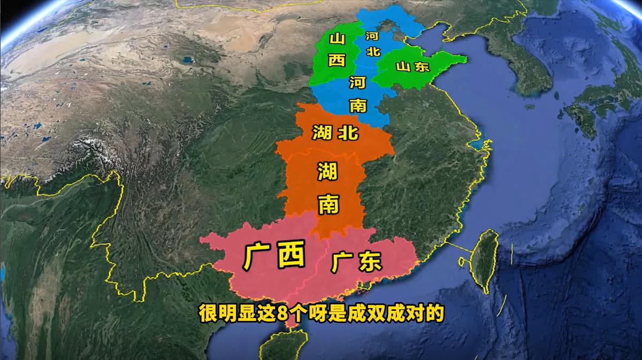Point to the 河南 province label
click(357, 94)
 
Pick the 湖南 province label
click(327, 187)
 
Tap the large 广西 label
click(273, 255)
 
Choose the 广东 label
click(356, 262)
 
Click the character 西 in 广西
click(291, 255)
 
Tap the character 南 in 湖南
click(327, 204)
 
